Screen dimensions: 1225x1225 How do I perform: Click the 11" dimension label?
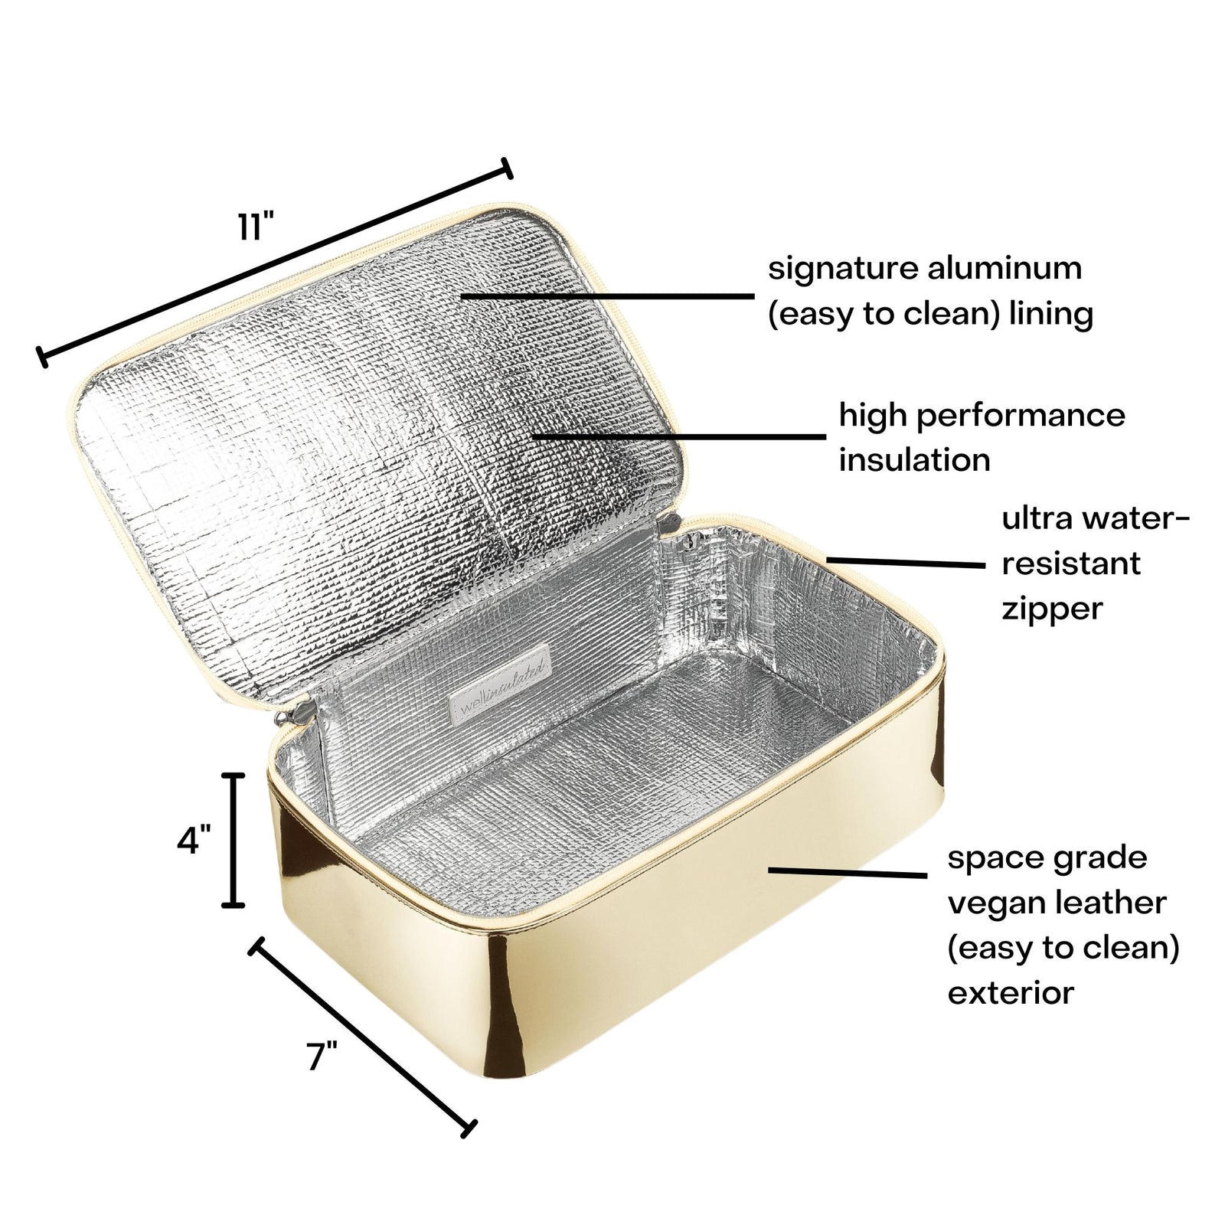(x=255, y=227)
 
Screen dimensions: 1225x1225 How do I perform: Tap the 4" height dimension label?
(x=193, y=841)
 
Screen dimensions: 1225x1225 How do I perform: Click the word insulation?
(x=914, y=460)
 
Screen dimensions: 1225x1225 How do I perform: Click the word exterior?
(x=1011, y=994)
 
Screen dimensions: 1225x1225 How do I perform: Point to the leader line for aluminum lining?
(x=608, y=295)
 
